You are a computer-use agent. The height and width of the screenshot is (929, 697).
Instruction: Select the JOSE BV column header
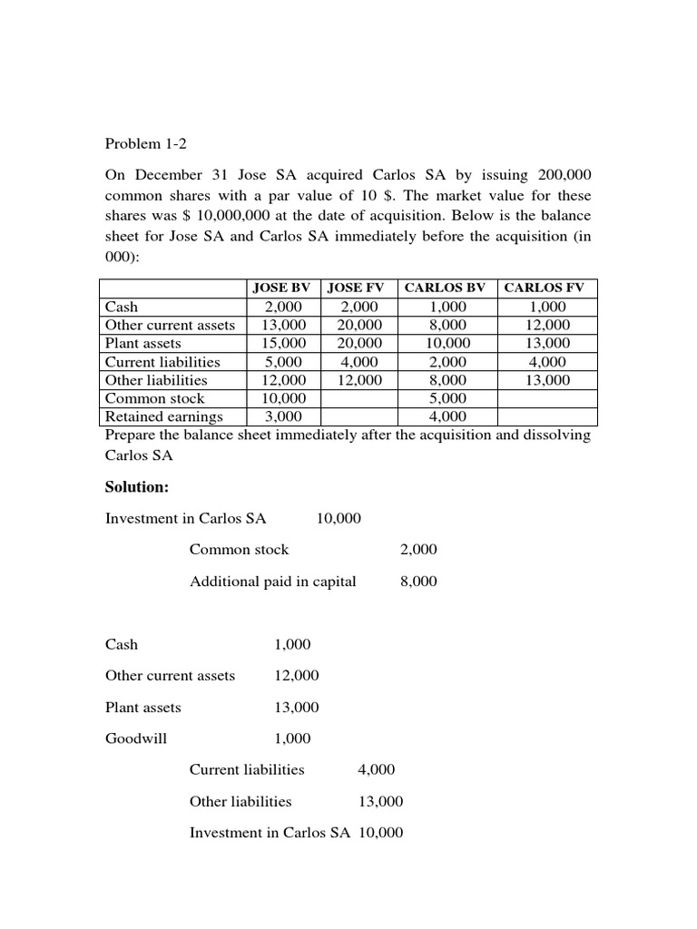281,288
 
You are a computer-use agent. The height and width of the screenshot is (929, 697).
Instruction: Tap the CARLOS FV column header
547,288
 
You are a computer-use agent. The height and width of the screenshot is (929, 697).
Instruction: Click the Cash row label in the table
123,308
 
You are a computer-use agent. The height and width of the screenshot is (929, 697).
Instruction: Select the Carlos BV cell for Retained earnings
448,416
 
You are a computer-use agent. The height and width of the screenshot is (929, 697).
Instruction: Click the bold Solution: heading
137,487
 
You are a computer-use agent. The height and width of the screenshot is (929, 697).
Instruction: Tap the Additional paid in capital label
272,581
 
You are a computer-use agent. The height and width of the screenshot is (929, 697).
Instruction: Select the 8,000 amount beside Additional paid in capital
418,581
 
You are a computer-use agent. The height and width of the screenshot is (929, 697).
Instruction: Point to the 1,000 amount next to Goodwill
292,738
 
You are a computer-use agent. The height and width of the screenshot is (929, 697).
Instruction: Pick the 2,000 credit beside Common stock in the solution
418,549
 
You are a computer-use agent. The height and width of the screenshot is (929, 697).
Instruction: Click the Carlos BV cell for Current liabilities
448,362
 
